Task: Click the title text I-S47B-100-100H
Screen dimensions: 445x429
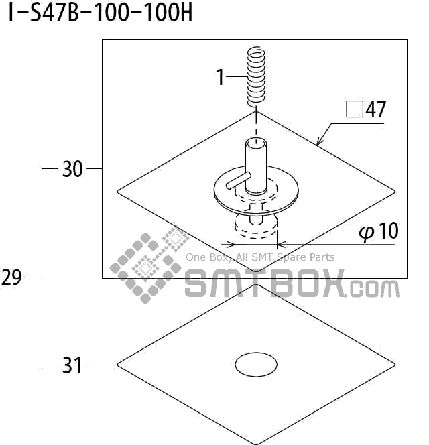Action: click(100, 13)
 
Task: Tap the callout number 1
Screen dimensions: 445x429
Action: click(219, 78)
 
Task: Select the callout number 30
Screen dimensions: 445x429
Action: click(72, 170)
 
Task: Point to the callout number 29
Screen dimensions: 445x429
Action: click(12, 277)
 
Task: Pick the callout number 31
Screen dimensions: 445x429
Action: click(72, 365)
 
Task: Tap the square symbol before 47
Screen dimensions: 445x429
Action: click(353, 109)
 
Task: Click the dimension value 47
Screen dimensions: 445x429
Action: click(375, 109)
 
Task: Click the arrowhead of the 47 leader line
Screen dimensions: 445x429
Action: click(319, 143)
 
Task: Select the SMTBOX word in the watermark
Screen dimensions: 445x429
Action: click(265, 283)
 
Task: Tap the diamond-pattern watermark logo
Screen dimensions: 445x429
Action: click(149, 264)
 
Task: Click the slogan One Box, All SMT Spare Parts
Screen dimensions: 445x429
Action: click(259, 257)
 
